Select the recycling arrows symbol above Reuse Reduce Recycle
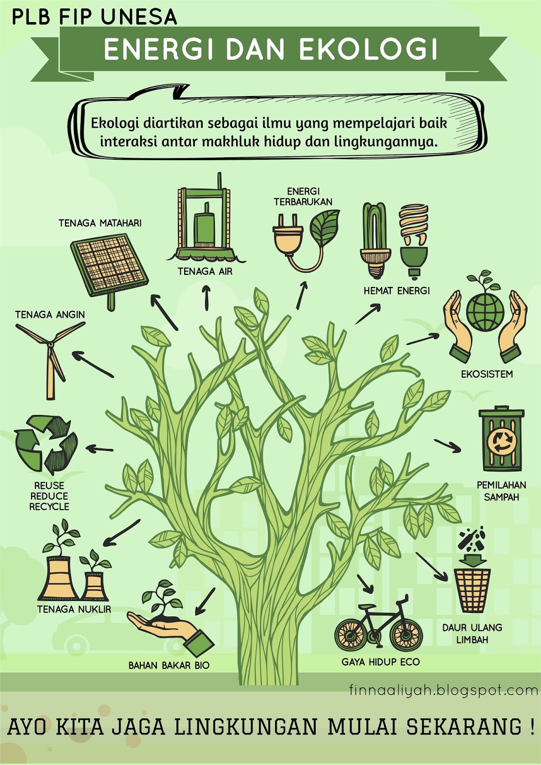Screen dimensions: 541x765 pos(46,444)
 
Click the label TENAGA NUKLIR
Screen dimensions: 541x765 pos(74,609)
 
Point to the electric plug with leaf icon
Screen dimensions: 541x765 pos(306,239)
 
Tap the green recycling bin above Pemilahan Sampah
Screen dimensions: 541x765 pos(501,440)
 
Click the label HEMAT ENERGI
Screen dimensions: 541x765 pos(397,291)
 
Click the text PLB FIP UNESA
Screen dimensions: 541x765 pos(94,17)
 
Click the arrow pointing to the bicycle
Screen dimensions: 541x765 pos(365,583)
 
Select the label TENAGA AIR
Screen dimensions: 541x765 pos(205,272)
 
